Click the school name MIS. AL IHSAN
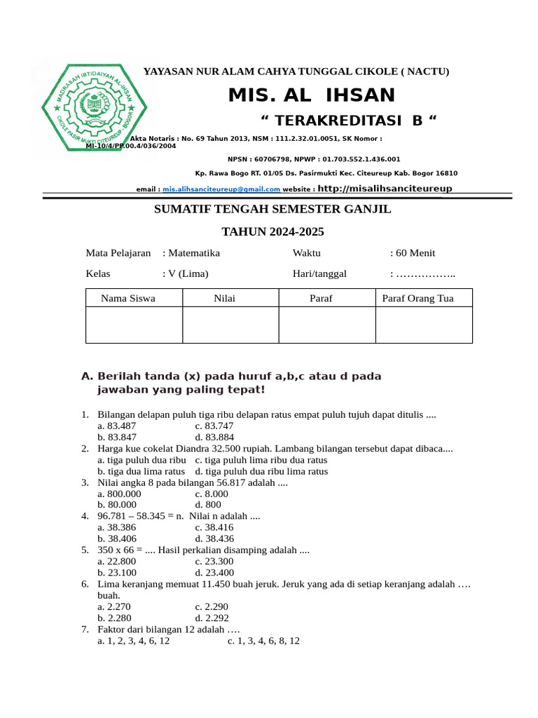pyautogui.click(x=312, y=95)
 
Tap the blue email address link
pyautogui.click(x=221, y=189)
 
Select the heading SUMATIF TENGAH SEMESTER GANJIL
pyautogui.click(x=273, y=209)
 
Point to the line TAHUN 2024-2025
pyautogui.click(x=273, y=231)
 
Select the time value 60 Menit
pyautogui.click(x=415, y=253)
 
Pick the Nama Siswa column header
pyautogui.click(x=128, y=298)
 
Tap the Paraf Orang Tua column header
pyautogui.click(x=418, y=298)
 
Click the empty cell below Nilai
pyautogui.click(x=230, y=325)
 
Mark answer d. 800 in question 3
pyautogui.click(x=208, y=504)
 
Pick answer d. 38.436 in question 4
pyautogui.click(x=214, y=538)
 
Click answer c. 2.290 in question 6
pyautogui.click(x=212, y=607)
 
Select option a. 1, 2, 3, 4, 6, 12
pyautogui.click(x=134, y=641)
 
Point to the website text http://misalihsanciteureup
pyautogui.click(x=385, y=189)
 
